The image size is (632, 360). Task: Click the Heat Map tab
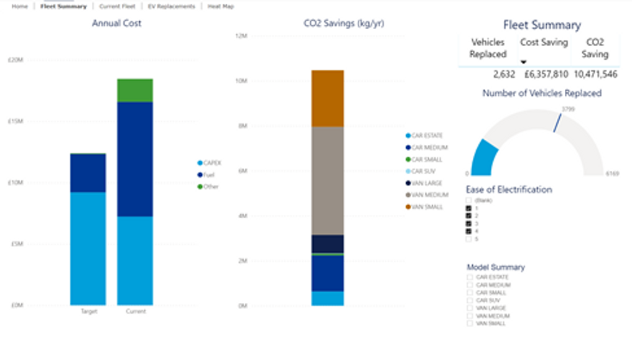click(221, 6)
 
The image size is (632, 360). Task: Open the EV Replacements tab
click(172, 6)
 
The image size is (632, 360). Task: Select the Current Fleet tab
click(117, 6)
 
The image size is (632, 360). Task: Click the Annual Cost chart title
click(116, 24)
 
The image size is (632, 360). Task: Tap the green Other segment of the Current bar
click(135, 91)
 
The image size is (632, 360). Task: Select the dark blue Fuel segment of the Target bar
click(88, 173)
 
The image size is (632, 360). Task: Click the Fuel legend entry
click(208, 175)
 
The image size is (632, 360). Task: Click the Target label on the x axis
click(88, 311)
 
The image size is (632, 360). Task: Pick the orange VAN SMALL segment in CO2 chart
click(327, 98)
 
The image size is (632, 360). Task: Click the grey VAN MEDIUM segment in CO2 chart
click(327, 180)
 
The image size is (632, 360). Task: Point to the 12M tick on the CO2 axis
click(241, 36)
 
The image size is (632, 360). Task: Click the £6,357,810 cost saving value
click(545, 75)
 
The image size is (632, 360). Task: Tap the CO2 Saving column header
click(594, 48)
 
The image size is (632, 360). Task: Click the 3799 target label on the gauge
click(567, 109)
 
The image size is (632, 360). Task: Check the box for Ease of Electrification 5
click(469, 239)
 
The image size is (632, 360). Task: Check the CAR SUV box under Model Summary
click(470, 300)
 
